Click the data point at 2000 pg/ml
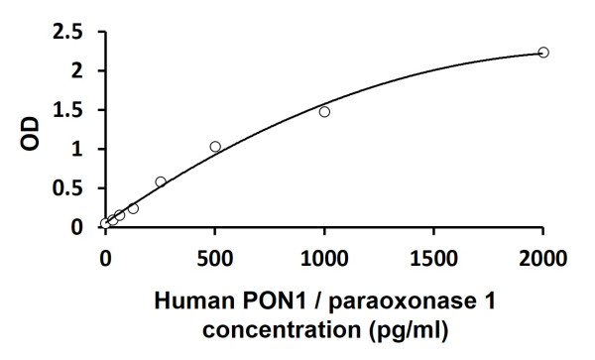543,52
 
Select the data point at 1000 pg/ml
324,112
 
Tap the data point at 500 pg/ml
215,147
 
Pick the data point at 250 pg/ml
161,181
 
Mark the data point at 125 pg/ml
133,208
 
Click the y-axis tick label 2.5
68,32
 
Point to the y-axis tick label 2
79,70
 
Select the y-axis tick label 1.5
68,110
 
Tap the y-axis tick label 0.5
68,188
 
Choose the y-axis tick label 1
79,149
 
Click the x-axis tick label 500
215,261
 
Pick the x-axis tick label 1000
324,261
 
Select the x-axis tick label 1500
433,261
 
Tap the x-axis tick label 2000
542,261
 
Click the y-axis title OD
32,129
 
